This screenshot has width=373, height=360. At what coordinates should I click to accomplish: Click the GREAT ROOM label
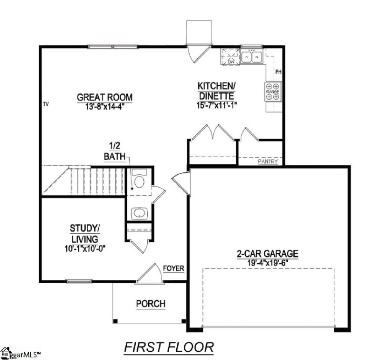tap(104, 97)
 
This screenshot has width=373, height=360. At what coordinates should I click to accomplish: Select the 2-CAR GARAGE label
tap(267, 254)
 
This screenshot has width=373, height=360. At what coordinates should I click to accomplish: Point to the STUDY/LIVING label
tap(85, 233)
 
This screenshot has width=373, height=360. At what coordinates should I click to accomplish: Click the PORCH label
tap(150, 304)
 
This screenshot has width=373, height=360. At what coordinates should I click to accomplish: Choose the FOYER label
tap(173, 269)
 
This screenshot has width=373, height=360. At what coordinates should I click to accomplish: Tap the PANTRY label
tap(268, 162)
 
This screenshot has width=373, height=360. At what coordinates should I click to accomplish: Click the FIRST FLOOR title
tap(168, 347)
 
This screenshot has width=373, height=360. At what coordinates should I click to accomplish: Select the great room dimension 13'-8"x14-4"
tap(104, 106)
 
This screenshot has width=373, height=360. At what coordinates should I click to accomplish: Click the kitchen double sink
tap(252, 57)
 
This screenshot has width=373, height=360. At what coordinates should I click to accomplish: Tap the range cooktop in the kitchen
tap(273, 92)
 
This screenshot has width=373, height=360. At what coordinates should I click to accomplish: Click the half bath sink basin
tap(139, 213)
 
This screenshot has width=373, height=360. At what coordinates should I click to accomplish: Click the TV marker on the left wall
tap(46, 104)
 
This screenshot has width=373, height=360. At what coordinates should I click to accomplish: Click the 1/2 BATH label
tap(117, 152)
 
